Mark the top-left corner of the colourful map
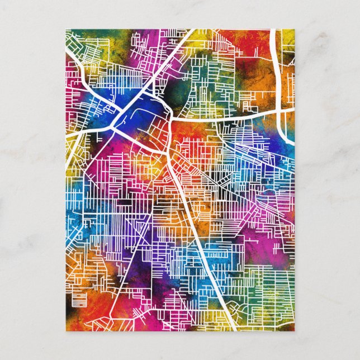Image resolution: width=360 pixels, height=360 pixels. (x=65, y=30)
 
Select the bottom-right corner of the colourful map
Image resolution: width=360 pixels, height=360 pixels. (x=294, y=329)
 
